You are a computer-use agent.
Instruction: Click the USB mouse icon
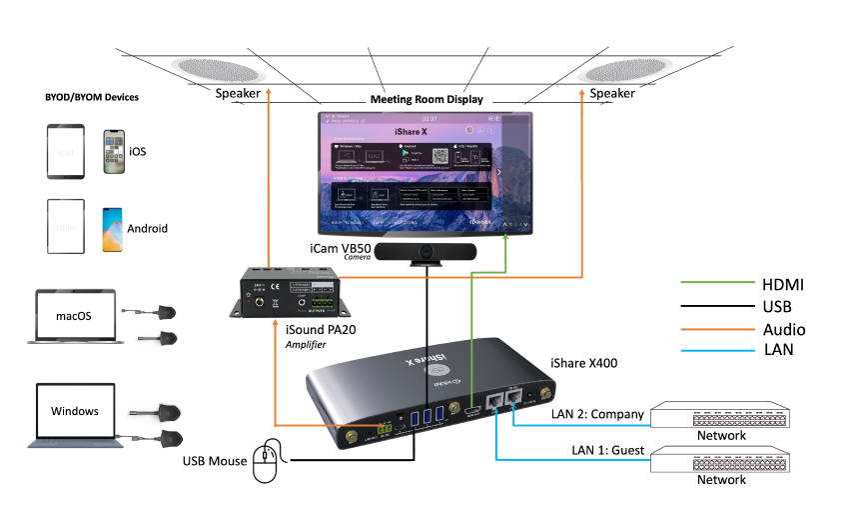pyautogui.click(x=267, y=462)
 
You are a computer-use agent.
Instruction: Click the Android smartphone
pyautogui.click(x=112, y=228)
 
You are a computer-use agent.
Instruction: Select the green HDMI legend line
pyautogui.click(x=717, y=285)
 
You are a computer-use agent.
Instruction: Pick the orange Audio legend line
pyautogui.click(x=717, y=329)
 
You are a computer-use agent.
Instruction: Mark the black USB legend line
pyautogui.click(x=717, y=307)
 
